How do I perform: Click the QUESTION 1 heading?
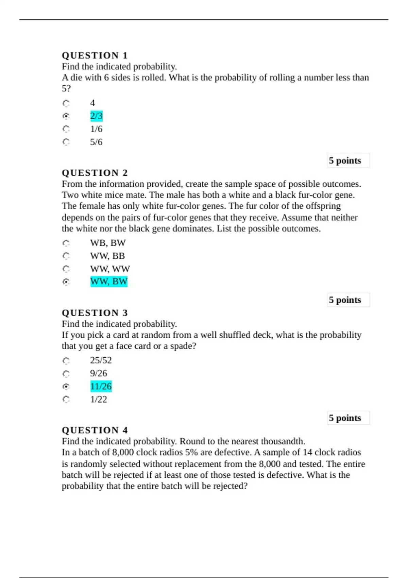click(95, 55)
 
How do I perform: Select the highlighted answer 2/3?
click(96, 116)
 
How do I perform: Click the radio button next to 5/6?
click(66, 142)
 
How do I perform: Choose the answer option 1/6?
click(96, 129)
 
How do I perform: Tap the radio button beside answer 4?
click(66, 103)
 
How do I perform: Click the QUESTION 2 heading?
click(95, 173)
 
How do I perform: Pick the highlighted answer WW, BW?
click(109, 282)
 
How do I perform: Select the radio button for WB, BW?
click(66, 243)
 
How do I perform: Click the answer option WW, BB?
click(107, 256)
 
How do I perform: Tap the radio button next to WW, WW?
click(66, 269)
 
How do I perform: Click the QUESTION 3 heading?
click(95, 313)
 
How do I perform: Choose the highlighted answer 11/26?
click(101, 386)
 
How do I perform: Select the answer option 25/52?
click(101, 360)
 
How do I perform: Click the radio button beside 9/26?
click(66, 374)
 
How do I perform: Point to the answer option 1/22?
click(99, 399)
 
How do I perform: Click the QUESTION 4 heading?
click(95, 430)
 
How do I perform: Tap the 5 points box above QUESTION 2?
click(348, 160)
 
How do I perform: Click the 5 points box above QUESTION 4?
click(348, 418)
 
